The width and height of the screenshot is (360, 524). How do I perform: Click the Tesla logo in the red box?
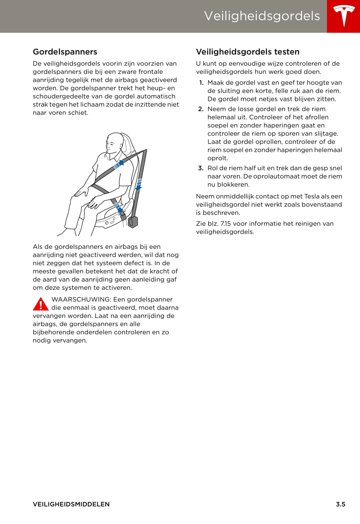pyautogui.click(x=344, y=16)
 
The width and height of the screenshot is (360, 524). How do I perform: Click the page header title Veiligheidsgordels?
pyautogui.click(x=262, y=16)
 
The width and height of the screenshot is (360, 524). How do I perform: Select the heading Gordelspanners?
pyautogui.click(x=65, y=52)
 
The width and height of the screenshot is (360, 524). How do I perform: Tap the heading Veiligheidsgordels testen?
pyautogui.click(x=247, y=52)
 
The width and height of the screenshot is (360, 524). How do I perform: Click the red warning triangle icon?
pyautogui.click(x=41, y=304)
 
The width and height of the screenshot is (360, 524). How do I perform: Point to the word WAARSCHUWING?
pyautogui.click(x=81, y=299)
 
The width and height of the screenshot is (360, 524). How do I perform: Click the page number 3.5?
pyautogui.click(x=340, y=504)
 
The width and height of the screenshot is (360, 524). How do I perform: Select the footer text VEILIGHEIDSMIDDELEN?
pyautogui.click(x=71, y=504)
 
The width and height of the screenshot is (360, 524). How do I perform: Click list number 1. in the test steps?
pyautogui.click(x=201, y=83)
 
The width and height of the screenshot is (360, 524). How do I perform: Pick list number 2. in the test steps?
pyautogui.click(x=201, y=109)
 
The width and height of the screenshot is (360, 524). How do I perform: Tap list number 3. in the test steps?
pyautogui.click(x=201, y=168)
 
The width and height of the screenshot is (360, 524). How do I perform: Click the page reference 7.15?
pyautogui.click(x=225, y=224)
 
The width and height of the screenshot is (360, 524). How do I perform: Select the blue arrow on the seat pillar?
pyautogui.click(x=139, y=185)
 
